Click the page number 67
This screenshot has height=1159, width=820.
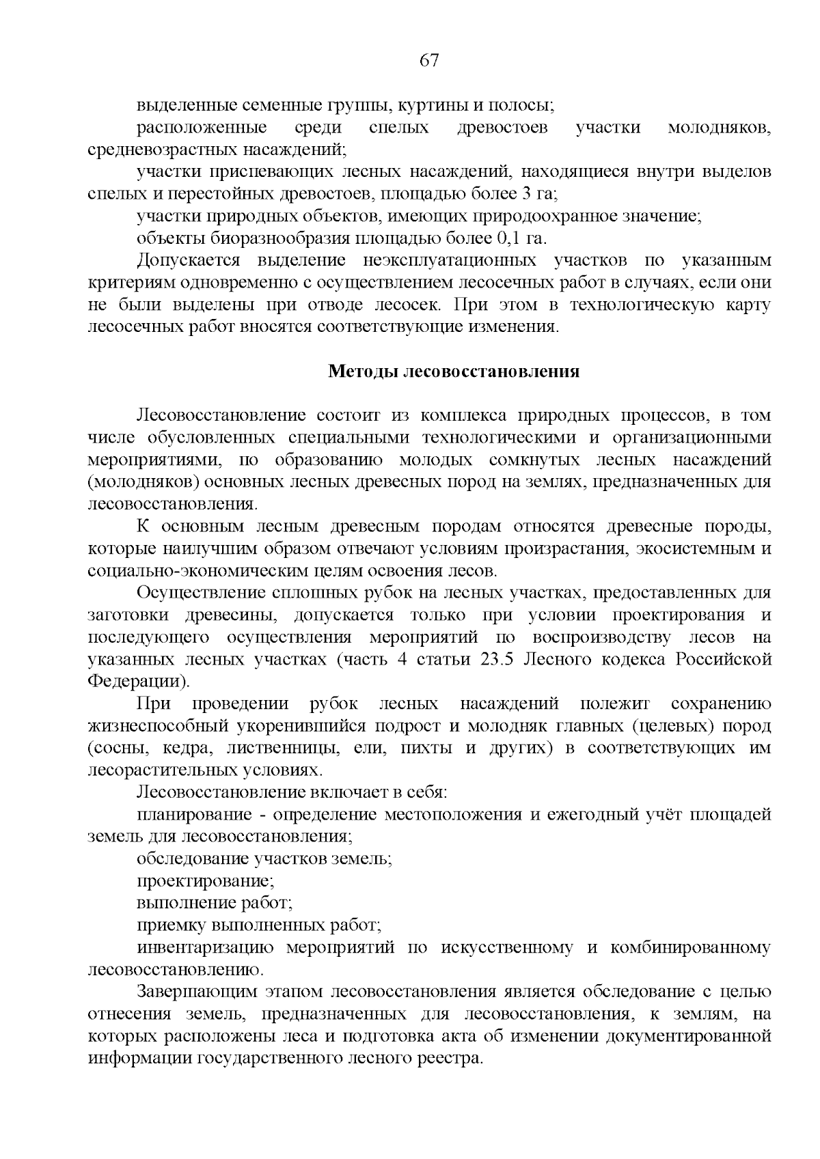(x=428, y=61)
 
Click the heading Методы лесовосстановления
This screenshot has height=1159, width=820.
(x=454, y=371)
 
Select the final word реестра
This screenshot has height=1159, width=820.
(x=451, y=1059)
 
